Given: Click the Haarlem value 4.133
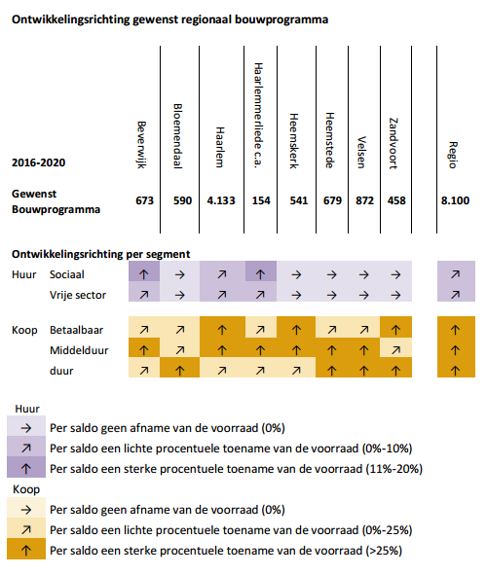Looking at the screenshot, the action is pos(221,200).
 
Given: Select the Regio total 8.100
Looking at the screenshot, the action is pos(455,200).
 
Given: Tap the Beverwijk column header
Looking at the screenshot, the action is pos(141,145).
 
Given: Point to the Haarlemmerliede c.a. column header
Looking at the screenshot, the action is pos(259,116).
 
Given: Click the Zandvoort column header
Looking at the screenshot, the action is pos(393,143).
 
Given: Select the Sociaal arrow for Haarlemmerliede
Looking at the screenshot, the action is pos(261,274).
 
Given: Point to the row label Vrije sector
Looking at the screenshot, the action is pos(78,295).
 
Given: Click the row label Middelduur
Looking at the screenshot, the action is pos(79,350).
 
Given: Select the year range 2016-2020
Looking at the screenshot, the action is pos(39,162).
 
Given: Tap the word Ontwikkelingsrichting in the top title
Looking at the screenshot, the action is pos(71,19).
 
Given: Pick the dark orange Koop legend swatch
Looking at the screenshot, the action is pos(26,549).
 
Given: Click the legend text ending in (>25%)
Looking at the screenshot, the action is pos(226,551).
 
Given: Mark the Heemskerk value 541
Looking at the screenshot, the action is pos(299,200).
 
